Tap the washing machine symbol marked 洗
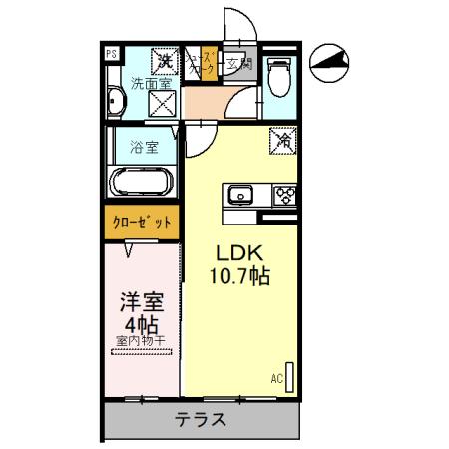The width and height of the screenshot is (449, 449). pyautogui.click(x=165, y=62)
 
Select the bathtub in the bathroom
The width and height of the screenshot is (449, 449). pyautogui.click(x=144, y=184)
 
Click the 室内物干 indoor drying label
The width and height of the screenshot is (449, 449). pyautogui.click(x=141, y=341)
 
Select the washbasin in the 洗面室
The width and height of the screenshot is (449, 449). pyautogui.click(x=116, y=101)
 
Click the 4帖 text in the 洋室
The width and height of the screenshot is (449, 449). pyautogui.click(x=141, y=323)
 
